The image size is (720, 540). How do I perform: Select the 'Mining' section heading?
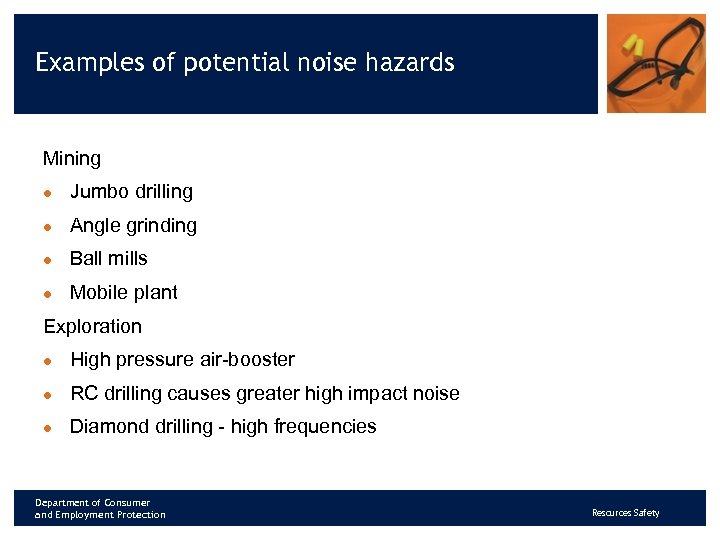72,159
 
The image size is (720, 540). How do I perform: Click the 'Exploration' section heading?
93,327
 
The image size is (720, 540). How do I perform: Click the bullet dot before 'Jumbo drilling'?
47,193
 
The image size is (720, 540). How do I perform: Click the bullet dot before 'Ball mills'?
47,260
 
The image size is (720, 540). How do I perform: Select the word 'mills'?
128,259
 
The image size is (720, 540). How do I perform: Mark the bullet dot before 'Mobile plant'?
47,294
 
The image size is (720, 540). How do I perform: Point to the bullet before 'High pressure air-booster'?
47,361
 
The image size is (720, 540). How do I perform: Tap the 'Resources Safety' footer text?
626,513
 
